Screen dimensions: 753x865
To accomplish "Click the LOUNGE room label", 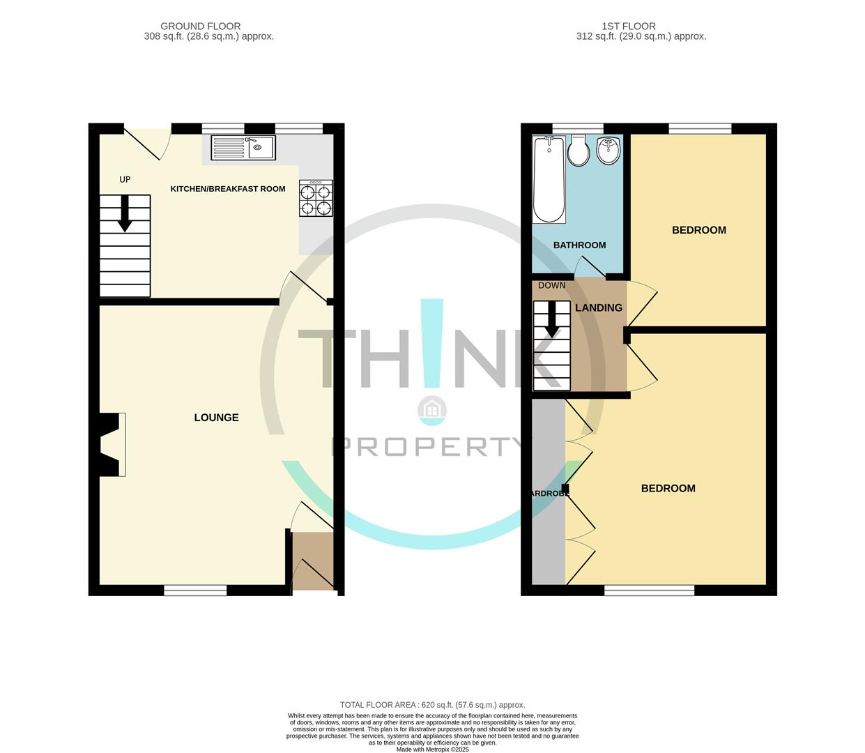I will tap(216, 418).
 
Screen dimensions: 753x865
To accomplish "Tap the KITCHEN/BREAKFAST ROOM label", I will tap(228, 189).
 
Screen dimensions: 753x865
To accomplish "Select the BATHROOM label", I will tap(579, 245).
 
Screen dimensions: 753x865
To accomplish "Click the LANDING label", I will tap(599, 308).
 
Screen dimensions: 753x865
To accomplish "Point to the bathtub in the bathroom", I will tap(549, 180).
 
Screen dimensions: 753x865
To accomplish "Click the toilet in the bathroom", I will tap(578, 151).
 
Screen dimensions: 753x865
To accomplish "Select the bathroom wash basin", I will tap(608, 151).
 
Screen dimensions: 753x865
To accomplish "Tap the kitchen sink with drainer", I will tap(244, 148).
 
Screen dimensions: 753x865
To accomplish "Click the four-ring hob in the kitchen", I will tap(316, 198).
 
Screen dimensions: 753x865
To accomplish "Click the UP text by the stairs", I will tap(125, 180).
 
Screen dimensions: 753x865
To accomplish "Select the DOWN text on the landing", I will tap(551, 286).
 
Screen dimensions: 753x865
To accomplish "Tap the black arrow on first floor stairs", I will tap(551, 320).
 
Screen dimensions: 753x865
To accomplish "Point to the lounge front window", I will tap(195, 591).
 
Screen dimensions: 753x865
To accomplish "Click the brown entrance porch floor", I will tap(313, 561).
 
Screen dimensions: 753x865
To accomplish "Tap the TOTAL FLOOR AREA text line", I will tap(432, 705).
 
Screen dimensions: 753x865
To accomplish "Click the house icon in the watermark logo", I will tap(432, 410).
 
